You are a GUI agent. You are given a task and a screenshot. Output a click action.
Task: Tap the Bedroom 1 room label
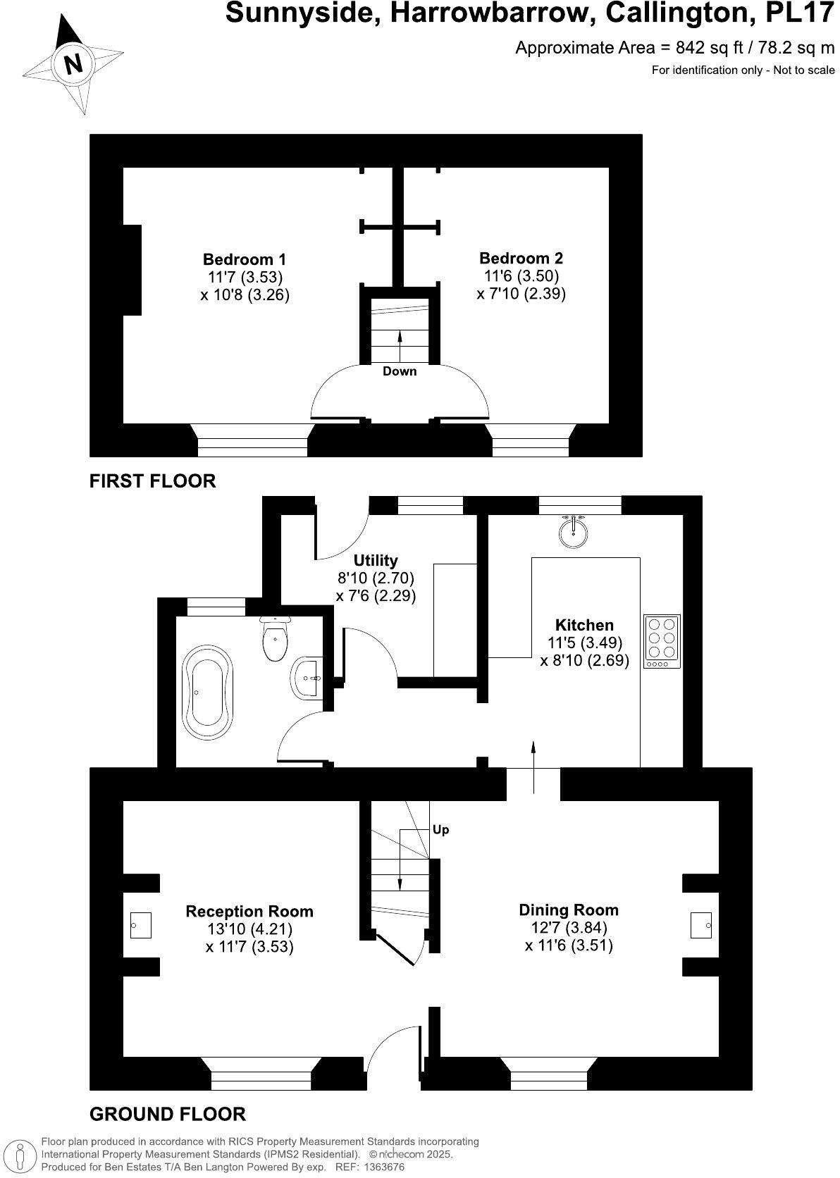245,259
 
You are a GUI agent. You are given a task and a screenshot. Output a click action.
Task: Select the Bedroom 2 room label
521,258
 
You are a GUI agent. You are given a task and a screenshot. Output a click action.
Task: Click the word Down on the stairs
400,371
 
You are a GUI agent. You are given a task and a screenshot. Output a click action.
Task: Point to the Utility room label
376,560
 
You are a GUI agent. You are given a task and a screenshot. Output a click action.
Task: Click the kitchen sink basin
574,532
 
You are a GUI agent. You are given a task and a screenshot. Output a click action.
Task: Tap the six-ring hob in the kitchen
662,641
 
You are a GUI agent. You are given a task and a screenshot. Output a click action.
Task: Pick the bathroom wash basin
307,678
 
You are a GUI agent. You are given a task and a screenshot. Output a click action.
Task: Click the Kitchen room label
584,625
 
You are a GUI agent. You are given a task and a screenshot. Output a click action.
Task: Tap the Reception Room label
249,912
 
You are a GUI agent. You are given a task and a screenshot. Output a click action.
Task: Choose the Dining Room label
569,910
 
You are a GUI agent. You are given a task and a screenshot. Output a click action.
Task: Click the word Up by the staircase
440,829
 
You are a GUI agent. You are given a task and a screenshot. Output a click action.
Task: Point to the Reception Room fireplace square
141,924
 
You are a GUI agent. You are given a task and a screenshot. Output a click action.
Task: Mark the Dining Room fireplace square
701,924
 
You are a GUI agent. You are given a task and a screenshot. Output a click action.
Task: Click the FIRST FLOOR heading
152,481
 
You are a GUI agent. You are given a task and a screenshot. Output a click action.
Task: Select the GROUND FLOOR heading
168,1114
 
